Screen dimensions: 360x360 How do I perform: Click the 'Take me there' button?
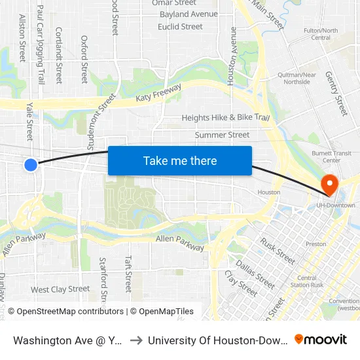pos(179,160)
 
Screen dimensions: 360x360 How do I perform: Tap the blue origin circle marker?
pos(31,165)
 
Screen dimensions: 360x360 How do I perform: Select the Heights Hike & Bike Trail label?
pos(225,118)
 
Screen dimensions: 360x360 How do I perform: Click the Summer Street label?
pos(222,135)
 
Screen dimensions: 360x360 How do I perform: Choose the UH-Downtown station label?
pos(336,205)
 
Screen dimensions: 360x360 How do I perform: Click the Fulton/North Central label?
pos(321,34)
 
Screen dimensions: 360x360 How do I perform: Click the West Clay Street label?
pos(60,289)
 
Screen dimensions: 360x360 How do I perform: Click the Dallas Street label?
pos(255,274)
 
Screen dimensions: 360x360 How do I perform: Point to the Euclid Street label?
pos(180,27)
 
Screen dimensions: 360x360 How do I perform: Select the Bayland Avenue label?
pos(189,14)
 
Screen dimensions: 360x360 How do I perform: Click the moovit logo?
pos(321,340)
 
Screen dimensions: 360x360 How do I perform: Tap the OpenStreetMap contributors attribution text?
pos(65,312)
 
